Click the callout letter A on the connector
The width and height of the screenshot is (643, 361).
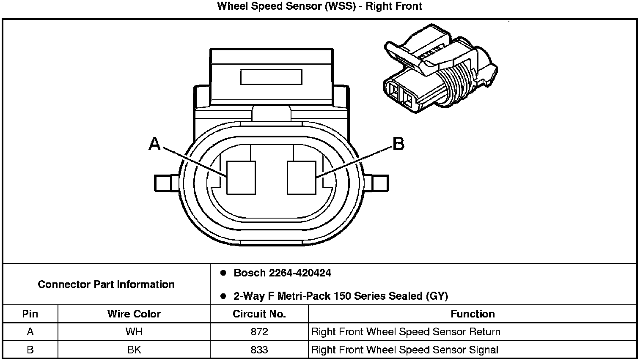pyautogui.click(x=155, y=145)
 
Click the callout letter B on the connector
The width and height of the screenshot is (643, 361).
pyautogui.click(x=398, y=144)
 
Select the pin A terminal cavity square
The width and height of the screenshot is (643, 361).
pyautogui.click(x=241, y=178)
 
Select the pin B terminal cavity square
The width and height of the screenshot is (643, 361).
pyautogui.click(x=301, y=178)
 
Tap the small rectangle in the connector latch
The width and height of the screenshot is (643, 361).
pyautogui.click(x=271, y=77)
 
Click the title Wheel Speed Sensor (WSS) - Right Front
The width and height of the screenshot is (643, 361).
pyautogui.click(x=319, y=6)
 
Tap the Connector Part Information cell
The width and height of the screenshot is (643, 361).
pyautogui.click(x=106, y=284)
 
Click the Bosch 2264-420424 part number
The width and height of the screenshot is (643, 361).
pyautogui.click(x=282, y=273)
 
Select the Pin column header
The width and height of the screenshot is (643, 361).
pyautogui.click(x=30, y=314)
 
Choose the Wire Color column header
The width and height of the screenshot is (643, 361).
pyautogui.click(x=134, y=314)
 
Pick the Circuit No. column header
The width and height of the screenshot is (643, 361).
pyautogui.click(x=259, y=314)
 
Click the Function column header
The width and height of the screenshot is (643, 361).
pyautogui.click(x=473, y=314)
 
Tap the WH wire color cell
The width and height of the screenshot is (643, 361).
pyautogui.click(x=134, y=332)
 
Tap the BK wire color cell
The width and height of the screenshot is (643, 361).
pyautogui.click(x=134, y=350)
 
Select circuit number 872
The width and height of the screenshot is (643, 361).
pyautogui.click(x=259, y=332)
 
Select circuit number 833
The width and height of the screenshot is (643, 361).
pyautogui.click(x=259, y=350)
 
